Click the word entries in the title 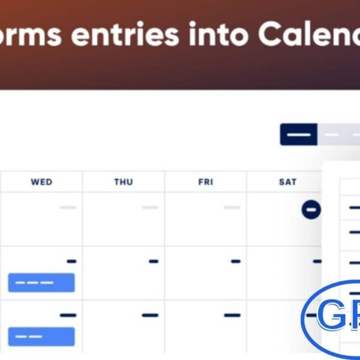(125, 35)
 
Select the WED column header (41, 182)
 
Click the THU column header (124, 182)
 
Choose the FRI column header (206, 182)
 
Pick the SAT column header (287, 182)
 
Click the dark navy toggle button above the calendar (298, 134)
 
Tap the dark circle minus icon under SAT (311, 209)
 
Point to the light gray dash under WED (68, 208)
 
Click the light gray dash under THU (150, 208)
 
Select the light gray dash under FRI (232, 208)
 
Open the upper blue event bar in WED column (41, 283)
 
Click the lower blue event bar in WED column (41, 337)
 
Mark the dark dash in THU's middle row (154, 261)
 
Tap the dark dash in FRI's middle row (236, 261)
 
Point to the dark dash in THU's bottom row (150, 315)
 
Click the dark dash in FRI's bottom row (232, 315)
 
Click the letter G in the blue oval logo (329, 315)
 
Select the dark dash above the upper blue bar (71, 261)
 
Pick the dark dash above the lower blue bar (68, 315)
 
